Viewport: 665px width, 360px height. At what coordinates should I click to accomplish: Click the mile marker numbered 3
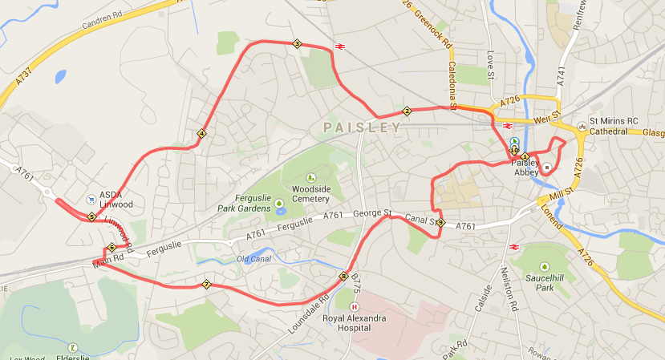point(297,44)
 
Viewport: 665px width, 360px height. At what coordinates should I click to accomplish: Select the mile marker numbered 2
point(408,111)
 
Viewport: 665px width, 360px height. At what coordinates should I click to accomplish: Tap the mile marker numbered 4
point(201,133)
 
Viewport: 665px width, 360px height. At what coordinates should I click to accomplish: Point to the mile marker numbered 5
point(91,216)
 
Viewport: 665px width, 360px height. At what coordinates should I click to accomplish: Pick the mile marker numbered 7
point(207,284)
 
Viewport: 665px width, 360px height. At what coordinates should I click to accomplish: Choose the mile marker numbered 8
point(344,277)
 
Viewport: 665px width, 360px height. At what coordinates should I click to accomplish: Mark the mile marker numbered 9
point(440,222)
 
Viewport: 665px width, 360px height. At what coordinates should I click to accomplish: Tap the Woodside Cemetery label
point(310,193)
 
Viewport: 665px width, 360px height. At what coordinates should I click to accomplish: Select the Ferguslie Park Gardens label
point(245,204)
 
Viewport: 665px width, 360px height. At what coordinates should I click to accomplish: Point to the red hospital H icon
point(355,306)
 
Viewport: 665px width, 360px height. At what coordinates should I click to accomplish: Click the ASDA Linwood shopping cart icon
point(91,196)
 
